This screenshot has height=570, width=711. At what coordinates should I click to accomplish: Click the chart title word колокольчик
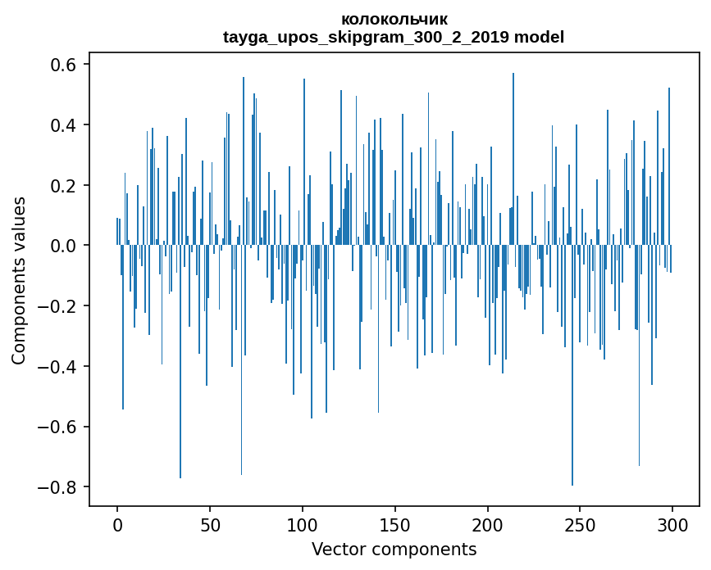394,19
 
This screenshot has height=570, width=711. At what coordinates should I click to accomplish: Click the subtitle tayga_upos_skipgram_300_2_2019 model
394,37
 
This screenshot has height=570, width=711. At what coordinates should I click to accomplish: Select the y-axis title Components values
18,280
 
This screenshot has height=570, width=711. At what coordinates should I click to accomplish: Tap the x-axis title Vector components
394,549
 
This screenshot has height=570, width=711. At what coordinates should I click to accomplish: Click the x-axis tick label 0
117,524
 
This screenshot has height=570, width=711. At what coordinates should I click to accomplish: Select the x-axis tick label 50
210,524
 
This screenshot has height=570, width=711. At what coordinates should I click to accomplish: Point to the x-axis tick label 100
303,524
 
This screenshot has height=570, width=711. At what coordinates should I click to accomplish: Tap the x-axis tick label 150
395,524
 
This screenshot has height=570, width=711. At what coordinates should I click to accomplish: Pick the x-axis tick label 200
488,524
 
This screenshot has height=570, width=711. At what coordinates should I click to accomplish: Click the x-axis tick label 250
581,524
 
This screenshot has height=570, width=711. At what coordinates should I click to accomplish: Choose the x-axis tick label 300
672,524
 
